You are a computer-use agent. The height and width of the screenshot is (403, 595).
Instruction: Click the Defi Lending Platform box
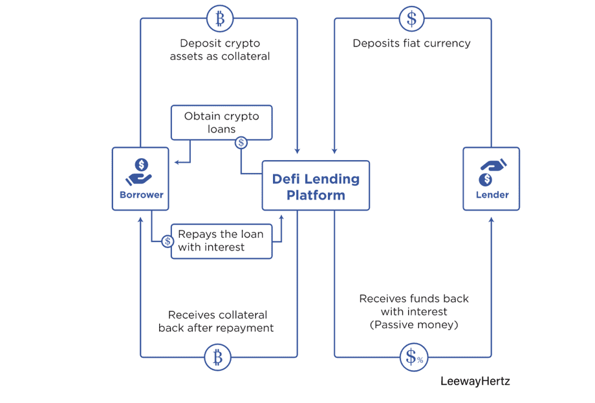tap(316, 185)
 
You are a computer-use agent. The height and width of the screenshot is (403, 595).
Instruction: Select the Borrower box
tap(140, 178)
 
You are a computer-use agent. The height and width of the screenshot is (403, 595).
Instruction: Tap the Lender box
tap(491, 178)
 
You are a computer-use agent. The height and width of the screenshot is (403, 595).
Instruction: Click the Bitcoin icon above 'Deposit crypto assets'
tap(219, 19)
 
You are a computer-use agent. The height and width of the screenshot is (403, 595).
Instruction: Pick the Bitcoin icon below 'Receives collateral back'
tap(218, 356)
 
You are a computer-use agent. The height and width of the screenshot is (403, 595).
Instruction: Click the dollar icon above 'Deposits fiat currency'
tap(412, 19)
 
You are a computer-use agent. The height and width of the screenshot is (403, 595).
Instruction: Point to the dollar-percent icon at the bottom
tap(413, 356)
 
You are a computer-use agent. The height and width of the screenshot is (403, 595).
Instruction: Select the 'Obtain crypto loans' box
tap(221, 122)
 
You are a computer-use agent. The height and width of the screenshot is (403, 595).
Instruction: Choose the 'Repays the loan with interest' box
tap(221, 240)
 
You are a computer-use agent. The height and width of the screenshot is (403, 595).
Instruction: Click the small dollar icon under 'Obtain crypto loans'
tap(241, 143)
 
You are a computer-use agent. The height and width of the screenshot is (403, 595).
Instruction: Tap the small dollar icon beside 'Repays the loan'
tap(168, 242)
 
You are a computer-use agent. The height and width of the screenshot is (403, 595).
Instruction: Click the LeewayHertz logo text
tap(475, 381)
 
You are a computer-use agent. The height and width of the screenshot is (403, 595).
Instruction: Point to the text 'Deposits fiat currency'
tap(411, 43)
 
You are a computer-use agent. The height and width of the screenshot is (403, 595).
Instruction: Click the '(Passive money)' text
tap(414, 325)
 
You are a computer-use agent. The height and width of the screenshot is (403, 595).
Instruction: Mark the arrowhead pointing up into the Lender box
tap(492, 220)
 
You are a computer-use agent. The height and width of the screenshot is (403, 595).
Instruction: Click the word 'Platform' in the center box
tap(316, 195)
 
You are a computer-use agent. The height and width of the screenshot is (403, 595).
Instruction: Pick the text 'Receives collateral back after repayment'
tap(216, 321)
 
